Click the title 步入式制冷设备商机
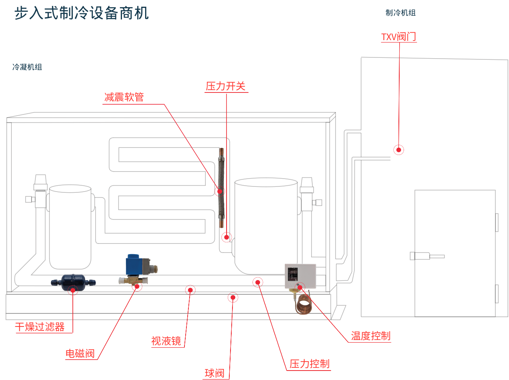81,13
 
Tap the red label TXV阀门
398,37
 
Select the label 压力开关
226,86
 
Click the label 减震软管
124,97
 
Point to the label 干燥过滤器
40,327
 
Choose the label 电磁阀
80,353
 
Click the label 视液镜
166,341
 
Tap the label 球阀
214,373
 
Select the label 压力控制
310,364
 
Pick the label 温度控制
371,336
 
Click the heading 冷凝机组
27,67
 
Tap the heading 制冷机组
400,13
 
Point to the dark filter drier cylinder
73,282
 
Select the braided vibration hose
221,188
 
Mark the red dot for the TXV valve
399,150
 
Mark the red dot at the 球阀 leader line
233,297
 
